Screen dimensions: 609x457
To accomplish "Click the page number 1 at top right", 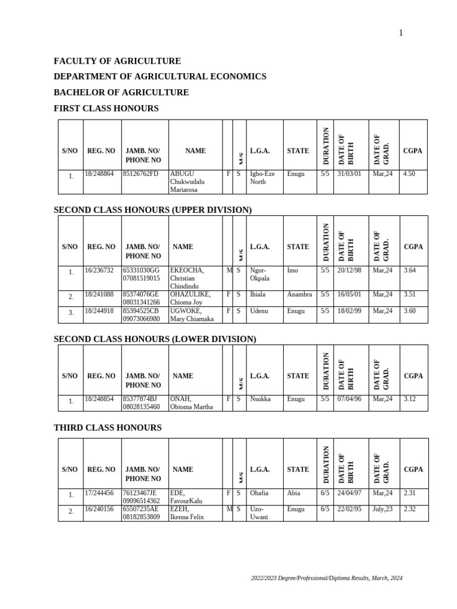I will coord(401,33).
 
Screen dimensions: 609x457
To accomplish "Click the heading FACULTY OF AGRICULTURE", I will coord(117,61).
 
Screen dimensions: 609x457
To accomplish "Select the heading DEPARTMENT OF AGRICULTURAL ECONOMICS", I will coord(160,77).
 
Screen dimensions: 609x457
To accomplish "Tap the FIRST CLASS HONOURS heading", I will coord(106,108).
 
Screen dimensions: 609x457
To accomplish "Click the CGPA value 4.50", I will coord(409,174).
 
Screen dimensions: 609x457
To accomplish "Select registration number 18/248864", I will coord(99,174).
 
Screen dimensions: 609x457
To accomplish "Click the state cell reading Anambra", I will coord(299,294).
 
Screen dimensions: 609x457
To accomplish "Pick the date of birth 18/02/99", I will coord(349,310).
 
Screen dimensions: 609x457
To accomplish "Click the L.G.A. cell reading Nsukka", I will coord(260,399).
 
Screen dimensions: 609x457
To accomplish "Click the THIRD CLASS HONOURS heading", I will coord(108,428).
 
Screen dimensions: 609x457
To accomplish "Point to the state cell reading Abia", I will coord(293,492).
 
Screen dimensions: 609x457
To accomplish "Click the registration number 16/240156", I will coord(99,509).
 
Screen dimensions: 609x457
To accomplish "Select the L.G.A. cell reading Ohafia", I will coord(259,492).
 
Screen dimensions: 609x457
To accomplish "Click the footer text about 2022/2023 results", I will coord(326,578).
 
